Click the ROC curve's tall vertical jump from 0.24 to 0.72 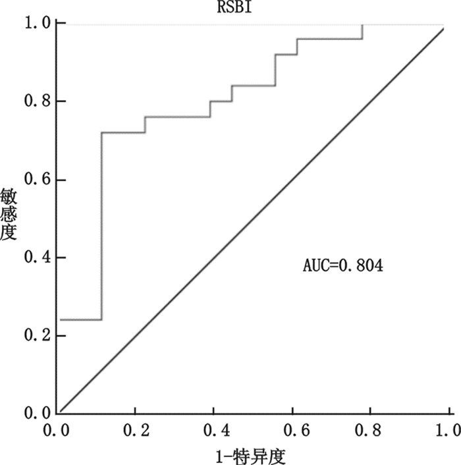(101, 224)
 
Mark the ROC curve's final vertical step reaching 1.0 (362, 31)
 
